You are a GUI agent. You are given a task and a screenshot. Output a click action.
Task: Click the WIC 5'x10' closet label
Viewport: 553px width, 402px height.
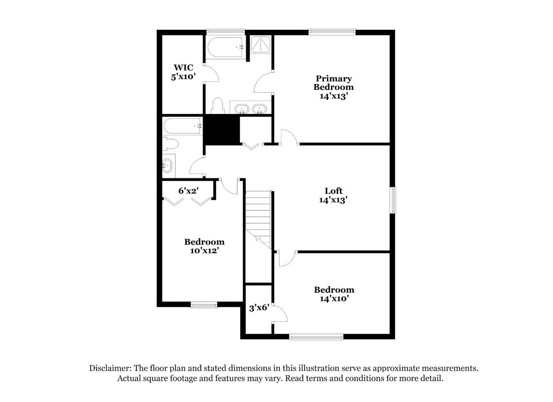pyautogui.click(x=184, y=72)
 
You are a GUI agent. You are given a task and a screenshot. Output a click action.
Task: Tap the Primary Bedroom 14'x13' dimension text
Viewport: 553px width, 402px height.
pyautogui.click(x=334, y=96)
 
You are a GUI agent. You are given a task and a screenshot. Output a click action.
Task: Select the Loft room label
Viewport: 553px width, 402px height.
pyautogui.click(x=333, y=191)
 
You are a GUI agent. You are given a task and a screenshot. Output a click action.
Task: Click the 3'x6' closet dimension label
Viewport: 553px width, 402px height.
pyautogui.click(x=259, y=308)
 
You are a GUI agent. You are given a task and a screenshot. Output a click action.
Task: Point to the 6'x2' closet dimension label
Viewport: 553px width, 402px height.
pyautogui.click(x=189, y=190)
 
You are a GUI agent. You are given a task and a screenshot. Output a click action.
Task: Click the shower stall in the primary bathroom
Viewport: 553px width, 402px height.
pyautogui.click(x=261, y=44)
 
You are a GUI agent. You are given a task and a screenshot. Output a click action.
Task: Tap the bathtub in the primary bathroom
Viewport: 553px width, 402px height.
pyautogui.click(x=225, y=47)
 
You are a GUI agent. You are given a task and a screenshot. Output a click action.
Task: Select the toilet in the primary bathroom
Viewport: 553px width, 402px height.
pyautogui.click(x=218, y=106)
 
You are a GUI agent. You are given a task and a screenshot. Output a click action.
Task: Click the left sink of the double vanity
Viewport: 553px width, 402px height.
pyautogui.click(x=242, y=109)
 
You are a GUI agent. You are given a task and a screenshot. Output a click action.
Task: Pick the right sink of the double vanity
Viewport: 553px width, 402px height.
pyautogui.click(x=259, y=109)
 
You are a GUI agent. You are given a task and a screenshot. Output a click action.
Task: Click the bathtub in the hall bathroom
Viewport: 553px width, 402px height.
pyautogui.click(x=182, y=127)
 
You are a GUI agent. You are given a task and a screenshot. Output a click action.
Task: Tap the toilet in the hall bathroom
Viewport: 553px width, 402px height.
pyautogui.click(x=170, y=144)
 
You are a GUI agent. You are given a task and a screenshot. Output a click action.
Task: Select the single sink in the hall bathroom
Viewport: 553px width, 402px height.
pyautogui.click(x=167, y=166)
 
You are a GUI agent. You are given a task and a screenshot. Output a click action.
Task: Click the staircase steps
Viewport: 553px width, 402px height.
pyautogui.click(x=258, y=219)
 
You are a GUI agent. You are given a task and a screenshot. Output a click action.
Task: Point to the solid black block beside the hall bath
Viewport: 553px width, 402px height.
pyautogui.click(x=222, y=130)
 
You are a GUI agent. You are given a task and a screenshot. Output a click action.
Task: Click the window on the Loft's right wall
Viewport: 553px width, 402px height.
pyautogui.click(x=393, y=200)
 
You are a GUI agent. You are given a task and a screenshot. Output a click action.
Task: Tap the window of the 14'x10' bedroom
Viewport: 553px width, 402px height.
pyautogui.click(x=316, y=337)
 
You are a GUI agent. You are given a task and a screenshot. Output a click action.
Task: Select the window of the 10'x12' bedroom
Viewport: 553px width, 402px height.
pyautogui.click(x=204, y=305)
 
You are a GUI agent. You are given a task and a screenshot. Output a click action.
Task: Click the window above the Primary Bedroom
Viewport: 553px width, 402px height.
pyautogui.click(x=332, y=32)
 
